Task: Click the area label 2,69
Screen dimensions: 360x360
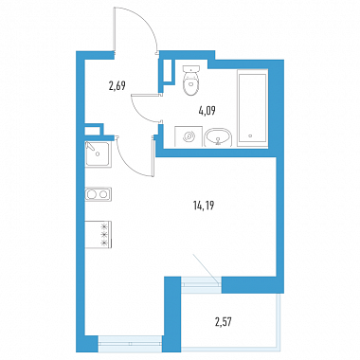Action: click(117, 85)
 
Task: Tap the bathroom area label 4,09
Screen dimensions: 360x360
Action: click(207, 111)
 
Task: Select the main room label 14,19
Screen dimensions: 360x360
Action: click(204, 207)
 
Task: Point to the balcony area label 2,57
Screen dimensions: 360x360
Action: click(225, 323)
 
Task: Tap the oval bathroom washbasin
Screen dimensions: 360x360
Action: click(218, 137)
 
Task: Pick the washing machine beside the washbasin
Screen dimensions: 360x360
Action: click(189, 136)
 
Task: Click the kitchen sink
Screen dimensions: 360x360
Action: click(98, 154)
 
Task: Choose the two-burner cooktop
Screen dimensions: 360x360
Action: click(98, 194)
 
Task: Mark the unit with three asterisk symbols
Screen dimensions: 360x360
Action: click(99, 235)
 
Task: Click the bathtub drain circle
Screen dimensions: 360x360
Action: click(250, 136)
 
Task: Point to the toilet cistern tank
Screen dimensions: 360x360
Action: click(191, 69)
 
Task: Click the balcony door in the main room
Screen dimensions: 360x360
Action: click(200, 280)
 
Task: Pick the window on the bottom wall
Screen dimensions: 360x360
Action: click(130, 344)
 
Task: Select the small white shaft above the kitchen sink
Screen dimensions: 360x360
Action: click(92, 131)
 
